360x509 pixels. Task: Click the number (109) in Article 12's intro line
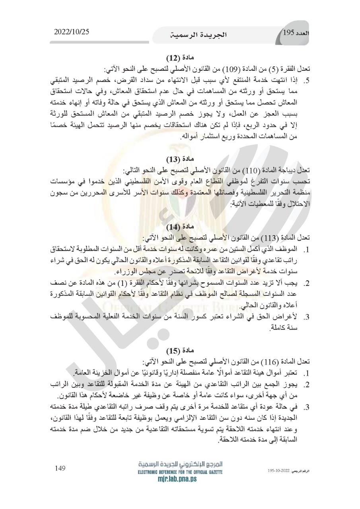233,69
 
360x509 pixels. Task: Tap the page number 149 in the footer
60,468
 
